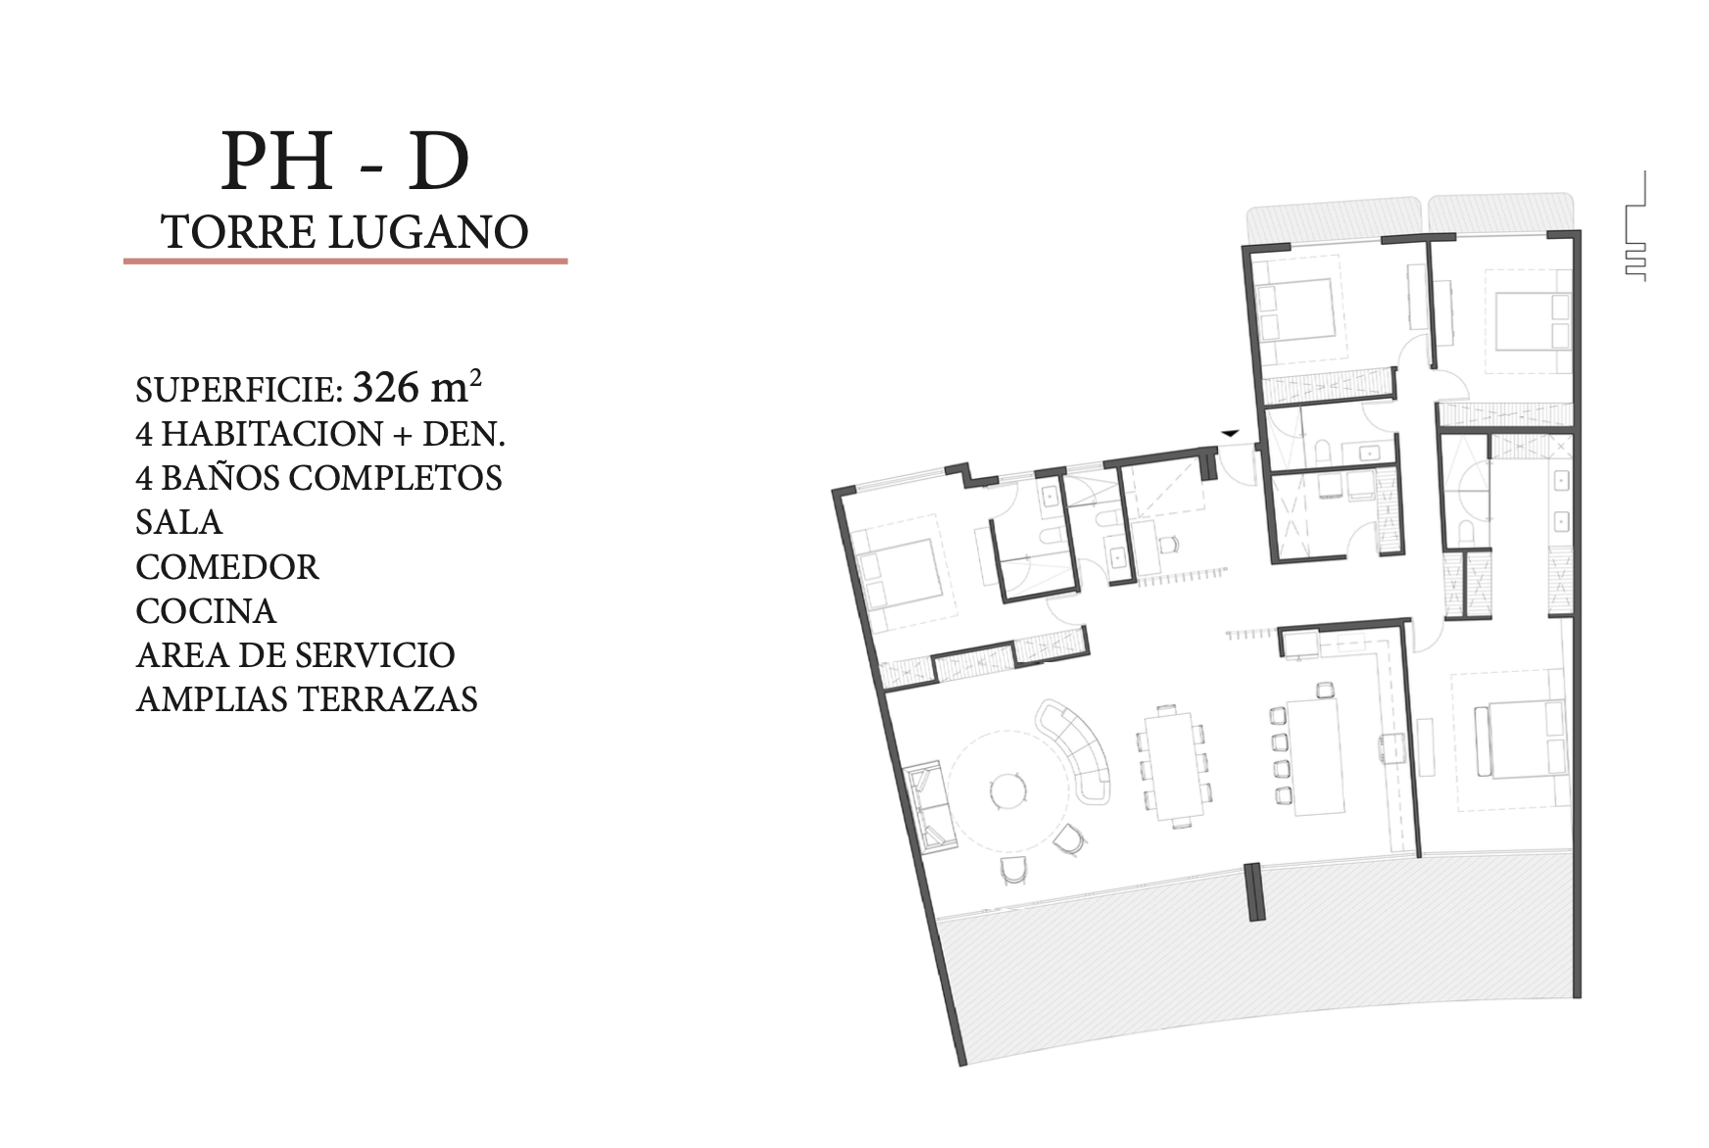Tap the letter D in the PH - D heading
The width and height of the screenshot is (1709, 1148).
coord(439,161)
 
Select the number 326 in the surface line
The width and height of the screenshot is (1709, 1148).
coord(386,387)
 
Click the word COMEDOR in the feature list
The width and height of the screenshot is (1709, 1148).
coord(227,567)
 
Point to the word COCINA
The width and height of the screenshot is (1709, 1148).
coord(206,611)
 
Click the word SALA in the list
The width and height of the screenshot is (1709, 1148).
coord(179,522)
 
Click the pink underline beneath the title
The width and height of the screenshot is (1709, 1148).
coord(345,262)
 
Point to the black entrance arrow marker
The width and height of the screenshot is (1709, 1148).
coord(1230,432)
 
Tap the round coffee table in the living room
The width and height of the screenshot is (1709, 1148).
coord(1007,789)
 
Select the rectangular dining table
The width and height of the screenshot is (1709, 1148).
coord(1174,766)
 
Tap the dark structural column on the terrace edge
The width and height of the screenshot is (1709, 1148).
coord(1253,891)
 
